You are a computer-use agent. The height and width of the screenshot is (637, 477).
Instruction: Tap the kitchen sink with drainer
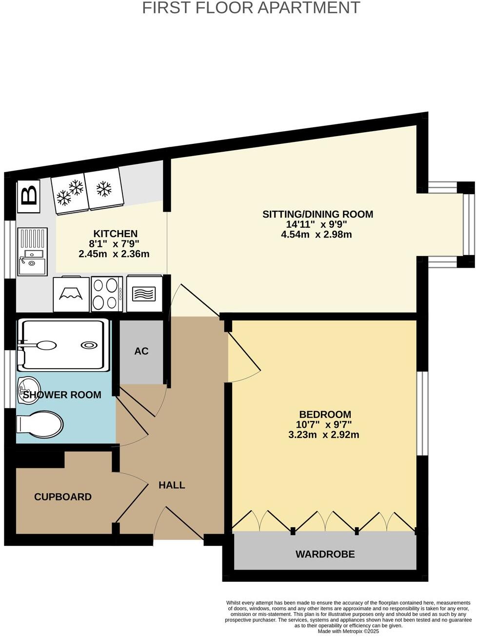[32, 252]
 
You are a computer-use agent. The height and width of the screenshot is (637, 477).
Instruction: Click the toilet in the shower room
[40, 424]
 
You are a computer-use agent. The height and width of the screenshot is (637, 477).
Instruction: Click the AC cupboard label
[141, 351]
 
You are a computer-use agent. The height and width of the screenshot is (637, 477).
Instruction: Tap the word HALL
[172, 485]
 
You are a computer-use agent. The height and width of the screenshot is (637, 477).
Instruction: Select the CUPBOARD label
[63, 497]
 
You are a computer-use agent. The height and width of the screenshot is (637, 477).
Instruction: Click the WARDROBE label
[325, 554]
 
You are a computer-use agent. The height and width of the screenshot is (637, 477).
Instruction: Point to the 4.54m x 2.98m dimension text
[316, 235]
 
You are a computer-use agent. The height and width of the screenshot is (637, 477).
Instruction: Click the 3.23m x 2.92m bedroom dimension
[324, 435]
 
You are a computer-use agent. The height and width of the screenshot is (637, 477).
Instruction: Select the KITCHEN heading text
[116, 234]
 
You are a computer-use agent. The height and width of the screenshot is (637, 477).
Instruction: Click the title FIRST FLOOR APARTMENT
[251, 8]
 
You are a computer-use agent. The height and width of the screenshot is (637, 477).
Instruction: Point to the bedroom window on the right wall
[422, 414]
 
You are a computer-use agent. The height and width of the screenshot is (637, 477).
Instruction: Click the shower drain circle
[89, 345]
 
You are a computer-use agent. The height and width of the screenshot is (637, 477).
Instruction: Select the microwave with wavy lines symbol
[143, 294]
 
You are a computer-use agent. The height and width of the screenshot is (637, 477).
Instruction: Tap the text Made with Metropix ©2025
[348, 631]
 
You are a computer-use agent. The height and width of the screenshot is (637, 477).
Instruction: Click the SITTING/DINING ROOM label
[318, 214]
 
